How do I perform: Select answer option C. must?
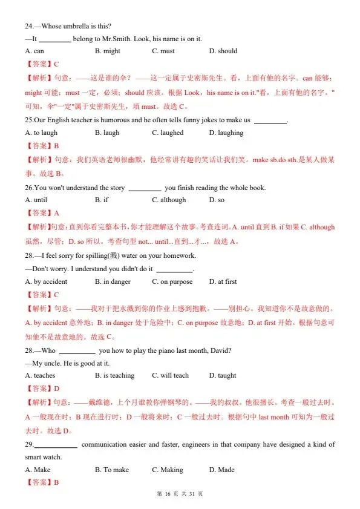[163, 51]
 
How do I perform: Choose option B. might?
[108, 51]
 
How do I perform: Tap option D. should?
[223, 51]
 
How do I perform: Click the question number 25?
[28, 120]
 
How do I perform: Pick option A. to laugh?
[42, 133]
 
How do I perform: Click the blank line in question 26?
[145, 188]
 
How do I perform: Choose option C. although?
[169, 200]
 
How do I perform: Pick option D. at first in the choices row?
[223, 282]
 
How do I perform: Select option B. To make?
[112, 470]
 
